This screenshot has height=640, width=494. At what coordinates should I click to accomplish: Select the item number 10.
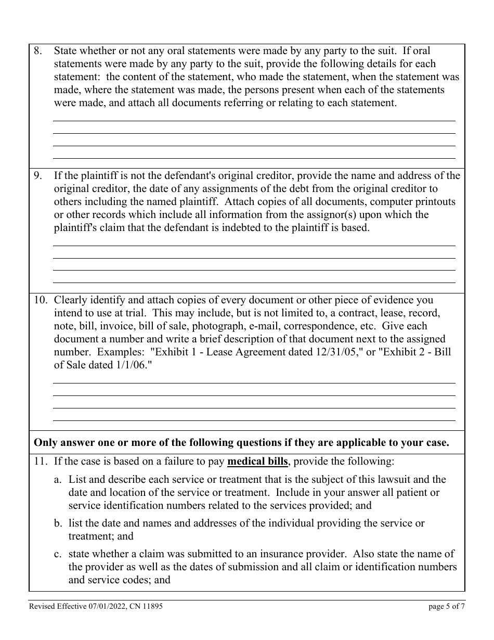coord(41,300)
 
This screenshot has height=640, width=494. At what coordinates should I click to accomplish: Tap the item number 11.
coord(41,461)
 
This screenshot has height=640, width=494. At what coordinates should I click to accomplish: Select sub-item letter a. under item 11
coord(58,480)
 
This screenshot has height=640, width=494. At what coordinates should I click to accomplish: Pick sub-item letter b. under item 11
coord(58,523)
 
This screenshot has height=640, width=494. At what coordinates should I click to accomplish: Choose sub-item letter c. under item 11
coord(58,554)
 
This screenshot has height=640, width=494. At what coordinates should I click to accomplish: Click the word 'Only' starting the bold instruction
coord(45,443)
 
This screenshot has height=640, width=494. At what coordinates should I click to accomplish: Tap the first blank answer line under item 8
coord(254,120)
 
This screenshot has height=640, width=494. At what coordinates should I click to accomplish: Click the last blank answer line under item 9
coord(254,283)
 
